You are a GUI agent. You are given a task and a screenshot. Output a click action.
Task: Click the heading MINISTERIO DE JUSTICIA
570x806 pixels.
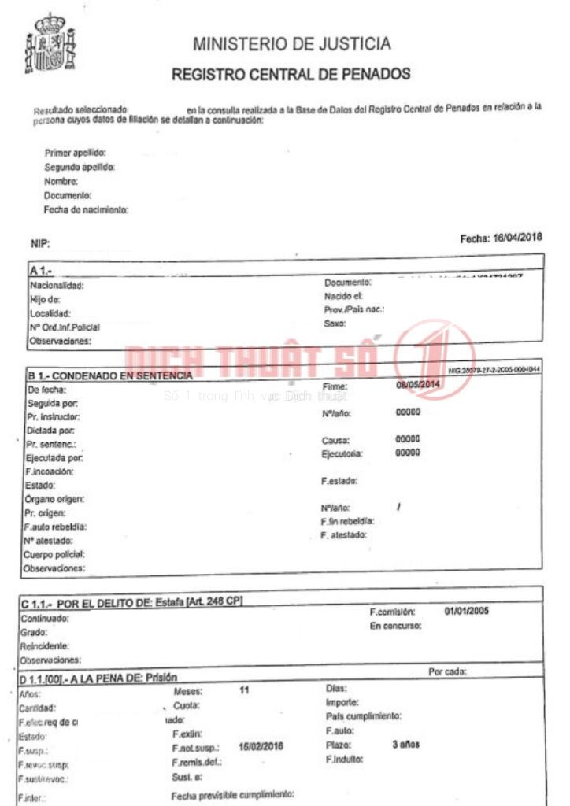(x=291, y=43)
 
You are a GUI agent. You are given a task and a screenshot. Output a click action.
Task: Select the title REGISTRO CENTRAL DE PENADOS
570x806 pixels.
(x=291, y=75)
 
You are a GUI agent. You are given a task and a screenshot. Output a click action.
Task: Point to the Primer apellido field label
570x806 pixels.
(x=76, y=153)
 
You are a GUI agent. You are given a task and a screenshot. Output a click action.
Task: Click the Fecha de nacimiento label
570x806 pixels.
(x=87, y=209)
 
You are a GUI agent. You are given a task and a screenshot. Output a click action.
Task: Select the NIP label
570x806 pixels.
(x=40, y=244)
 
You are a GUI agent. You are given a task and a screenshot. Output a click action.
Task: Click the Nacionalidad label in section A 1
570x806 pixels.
(x=56, y=286)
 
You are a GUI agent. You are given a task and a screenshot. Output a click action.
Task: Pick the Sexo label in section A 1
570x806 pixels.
(x=335, y=324)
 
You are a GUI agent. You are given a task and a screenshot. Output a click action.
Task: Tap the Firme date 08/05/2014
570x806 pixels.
(x=419, y=385)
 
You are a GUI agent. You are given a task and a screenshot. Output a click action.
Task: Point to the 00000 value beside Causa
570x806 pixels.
(x=408, y=439)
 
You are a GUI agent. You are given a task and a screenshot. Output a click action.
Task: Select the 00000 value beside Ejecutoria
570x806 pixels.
(x=408, y=453)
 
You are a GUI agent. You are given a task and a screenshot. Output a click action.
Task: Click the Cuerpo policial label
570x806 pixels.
(x=54, y=553)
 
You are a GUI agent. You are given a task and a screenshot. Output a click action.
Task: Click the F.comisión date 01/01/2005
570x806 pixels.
(x=467, y=611)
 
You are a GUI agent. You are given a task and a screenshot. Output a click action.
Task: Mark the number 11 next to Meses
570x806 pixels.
(x=245, y=690)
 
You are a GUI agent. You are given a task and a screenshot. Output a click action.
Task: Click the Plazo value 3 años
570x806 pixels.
(x=406, y=744)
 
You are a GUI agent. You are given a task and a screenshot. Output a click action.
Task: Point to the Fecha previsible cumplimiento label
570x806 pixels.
(x=233, y=794)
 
